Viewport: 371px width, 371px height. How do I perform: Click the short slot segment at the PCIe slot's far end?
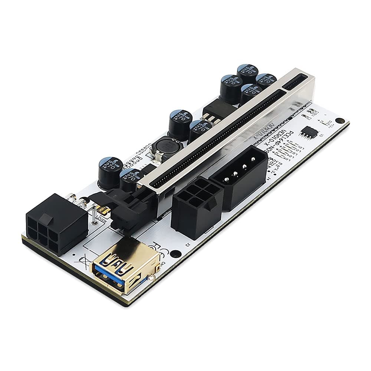pyautogui.click(x=295, y=83)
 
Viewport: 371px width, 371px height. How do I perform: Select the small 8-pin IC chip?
pyautogui.click(x=309, y=132)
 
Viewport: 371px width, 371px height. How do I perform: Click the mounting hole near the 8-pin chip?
pyautogui.click(x=339, y=121)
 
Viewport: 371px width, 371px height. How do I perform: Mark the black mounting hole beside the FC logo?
pyautogui.click(x=176, y=255)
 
